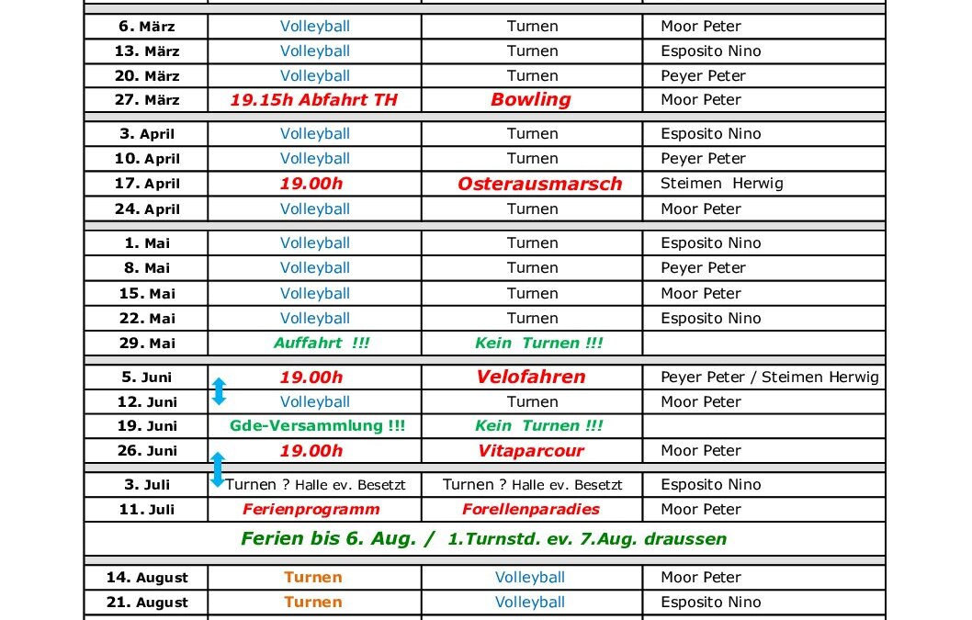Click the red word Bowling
531,100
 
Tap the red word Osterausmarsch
540,184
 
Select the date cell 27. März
147,100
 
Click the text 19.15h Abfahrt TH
314,100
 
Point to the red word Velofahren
531,377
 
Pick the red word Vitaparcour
531,451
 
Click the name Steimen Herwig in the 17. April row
722,184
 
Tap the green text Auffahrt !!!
314,344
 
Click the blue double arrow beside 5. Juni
219,390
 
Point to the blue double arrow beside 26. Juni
218,468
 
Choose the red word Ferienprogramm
311,510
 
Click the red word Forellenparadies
531,510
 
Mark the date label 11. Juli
147,510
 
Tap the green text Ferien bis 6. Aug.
336,539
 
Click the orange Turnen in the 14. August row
313,578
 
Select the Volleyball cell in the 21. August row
530,603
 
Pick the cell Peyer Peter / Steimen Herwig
770,377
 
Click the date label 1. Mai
147,243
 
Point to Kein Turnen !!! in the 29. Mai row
539,344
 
